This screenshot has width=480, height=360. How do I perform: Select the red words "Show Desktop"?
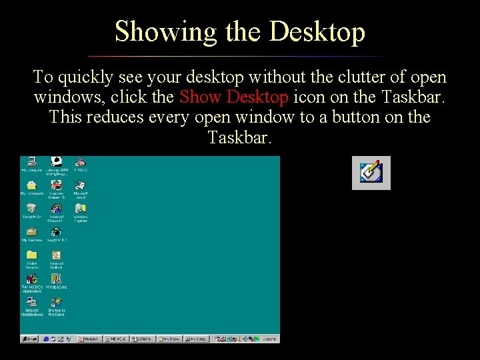pyautogui.click(x=234, y=97)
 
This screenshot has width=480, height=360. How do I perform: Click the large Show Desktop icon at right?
pyautogui.click(x=371, y=173)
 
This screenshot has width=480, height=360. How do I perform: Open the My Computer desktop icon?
pyautogui.click(x=31, y=162)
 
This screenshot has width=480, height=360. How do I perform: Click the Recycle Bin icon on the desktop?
pyautogui.click(x=31, y=209)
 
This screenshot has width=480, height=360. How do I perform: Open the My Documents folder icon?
pyautogui.click(x=31, y=186)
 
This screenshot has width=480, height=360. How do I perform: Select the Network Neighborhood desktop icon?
pyautogui.click(x=31, y=303)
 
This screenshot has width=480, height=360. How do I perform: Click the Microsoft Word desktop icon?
pyautogui.click(x=81, y=186)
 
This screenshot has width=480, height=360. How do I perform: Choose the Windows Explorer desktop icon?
pyautogui.click(x=81, y=209)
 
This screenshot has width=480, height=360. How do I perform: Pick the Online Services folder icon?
pyautogui.click(x=31, y=256)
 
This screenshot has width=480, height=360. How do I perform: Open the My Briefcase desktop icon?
pyautogui.click(x=31, y=233)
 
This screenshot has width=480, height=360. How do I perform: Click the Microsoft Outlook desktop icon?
pyautogui.click(x=57, y=256)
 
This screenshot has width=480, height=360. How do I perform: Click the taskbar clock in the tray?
pyautogui.click(x=269, y=339)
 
